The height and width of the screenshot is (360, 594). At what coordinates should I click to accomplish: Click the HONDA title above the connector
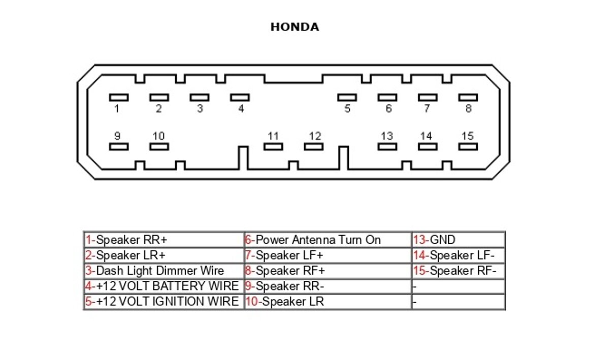coord(294,27)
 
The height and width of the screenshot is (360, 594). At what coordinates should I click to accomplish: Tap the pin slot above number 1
coord(118,97)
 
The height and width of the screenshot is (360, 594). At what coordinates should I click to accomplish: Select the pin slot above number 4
coord(240,97)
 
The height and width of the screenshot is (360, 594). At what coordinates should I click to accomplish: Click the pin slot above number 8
coord(468,97)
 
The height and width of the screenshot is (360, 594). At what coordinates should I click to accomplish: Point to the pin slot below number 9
coord(118,147)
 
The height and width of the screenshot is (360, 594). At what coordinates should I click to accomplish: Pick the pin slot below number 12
coord(314,147)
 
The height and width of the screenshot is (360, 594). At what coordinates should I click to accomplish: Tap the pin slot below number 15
coord(468,147)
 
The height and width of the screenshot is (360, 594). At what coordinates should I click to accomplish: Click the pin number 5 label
coord(347,109)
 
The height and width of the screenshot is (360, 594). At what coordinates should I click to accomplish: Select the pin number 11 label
coord(273,136)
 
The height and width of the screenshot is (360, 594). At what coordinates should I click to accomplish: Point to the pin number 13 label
coord(387,136)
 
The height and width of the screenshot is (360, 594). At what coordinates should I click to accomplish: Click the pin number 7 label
coord(426,109)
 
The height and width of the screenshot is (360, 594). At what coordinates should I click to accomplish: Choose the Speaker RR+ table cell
coord(163,240)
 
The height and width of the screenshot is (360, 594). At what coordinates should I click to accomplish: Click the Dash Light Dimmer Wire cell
coord(163,271)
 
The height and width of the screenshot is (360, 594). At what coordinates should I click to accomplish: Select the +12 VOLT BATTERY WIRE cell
coord(163,286)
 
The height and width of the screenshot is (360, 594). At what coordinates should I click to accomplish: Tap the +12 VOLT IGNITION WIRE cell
coord(163,302)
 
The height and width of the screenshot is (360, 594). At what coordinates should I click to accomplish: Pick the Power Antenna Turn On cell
coord(327,240)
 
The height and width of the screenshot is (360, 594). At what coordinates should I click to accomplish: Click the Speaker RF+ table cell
coord(327,271)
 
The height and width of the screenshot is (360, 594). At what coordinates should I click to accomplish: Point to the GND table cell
coord(458,240)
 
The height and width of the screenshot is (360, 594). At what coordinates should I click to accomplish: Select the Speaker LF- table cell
coord(458,255)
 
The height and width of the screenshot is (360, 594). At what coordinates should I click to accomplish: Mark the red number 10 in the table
coord(253,302)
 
